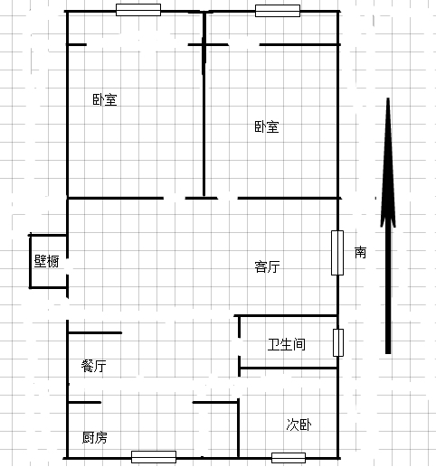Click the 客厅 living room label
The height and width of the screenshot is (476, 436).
(267, 266)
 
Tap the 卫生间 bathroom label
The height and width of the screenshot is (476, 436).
(287, 344)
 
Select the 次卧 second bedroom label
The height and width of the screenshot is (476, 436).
(299, 425)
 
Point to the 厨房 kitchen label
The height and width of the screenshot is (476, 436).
(95, 437)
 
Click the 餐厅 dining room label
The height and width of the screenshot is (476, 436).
(94, 366)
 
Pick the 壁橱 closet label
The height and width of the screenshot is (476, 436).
(46, 261)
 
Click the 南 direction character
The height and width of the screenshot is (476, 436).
(360, 252)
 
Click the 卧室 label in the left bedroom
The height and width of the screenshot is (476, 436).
(105, 99)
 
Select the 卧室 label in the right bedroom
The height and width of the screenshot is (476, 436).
(267, 126)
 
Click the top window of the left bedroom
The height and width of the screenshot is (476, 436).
(138, 10)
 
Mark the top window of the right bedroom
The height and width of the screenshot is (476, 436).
(278, 11)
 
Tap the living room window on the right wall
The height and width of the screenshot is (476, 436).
(337, 253)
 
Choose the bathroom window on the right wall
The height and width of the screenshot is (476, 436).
(338, 342)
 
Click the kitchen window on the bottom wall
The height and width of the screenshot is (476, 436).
(154, 457)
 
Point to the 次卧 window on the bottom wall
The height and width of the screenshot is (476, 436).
(289, 458)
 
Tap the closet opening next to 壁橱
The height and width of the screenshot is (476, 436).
(67, 267)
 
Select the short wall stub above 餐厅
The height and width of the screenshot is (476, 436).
(95, 333)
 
